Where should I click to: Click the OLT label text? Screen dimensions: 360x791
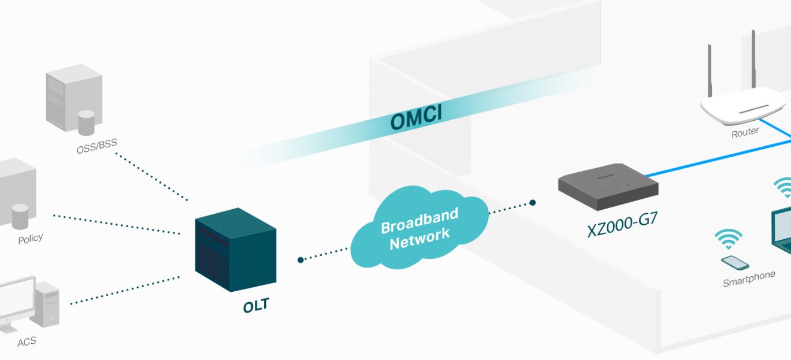[x=256, y=306]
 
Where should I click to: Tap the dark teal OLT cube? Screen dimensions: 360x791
[x=233, y=250]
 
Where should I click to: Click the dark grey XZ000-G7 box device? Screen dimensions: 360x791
[x=608, y=185]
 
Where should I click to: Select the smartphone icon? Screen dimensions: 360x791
[x=735, y=263]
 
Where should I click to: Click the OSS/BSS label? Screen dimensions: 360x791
[x=96, y=147]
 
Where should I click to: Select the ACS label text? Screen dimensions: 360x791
[x=27, y=342]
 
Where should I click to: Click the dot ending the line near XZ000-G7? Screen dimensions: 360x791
[x=533, y=203]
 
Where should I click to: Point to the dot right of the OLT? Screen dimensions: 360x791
[x=300, y=260]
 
